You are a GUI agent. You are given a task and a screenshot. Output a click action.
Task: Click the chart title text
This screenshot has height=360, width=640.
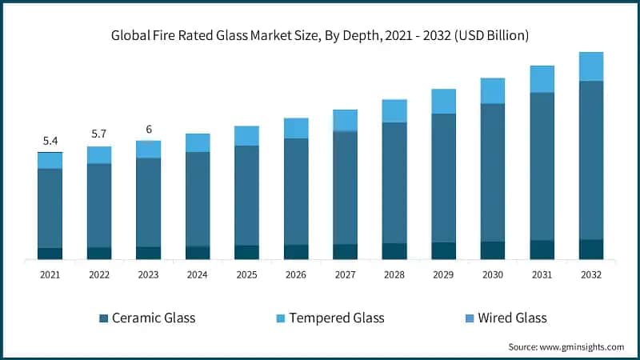pos(320,36)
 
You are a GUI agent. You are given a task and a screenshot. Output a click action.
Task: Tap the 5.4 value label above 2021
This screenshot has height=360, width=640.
pos(50,141)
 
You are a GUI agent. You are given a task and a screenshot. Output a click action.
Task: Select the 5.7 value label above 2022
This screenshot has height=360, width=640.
pos(99,134)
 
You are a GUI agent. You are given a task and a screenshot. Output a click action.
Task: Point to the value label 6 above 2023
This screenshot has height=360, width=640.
pos(148,129)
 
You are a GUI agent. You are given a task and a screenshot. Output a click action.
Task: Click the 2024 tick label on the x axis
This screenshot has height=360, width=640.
pos(198,274)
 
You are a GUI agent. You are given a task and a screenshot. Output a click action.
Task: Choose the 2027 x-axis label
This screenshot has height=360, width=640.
pos(345,274)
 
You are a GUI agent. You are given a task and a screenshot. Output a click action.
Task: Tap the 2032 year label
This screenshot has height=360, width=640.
pos(591,274)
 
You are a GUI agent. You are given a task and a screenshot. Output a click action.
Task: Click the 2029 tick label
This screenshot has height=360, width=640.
pos(443,274)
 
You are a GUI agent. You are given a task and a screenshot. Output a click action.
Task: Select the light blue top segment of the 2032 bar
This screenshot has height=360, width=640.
pos(591,66)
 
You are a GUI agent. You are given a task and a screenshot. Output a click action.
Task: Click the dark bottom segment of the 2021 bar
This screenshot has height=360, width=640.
pos(50,253)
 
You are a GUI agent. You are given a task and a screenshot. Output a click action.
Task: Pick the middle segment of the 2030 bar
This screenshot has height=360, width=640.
pos(493,172)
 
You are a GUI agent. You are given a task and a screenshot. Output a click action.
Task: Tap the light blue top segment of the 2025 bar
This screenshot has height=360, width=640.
pos(246,136)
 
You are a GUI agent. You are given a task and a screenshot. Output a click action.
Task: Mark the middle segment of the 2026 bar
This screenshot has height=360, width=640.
pos(296,191)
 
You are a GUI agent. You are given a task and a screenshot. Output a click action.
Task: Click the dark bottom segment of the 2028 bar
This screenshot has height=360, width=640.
pos(394,250)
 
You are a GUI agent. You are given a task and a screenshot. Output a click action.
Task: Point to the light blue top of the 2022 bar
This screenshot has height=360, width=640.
pos(99,155)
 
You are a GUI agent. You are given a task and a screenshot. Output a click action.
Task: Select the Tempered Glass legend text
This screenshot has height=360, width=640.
pos(337,318)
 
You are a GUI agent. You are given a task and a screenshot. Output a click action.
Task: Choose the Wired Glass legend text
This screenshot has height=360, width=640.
pos(512,318)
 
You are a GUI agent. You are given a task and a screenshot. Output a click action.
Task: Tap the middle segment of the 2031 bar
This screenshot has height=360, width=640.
pos(542,166)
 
